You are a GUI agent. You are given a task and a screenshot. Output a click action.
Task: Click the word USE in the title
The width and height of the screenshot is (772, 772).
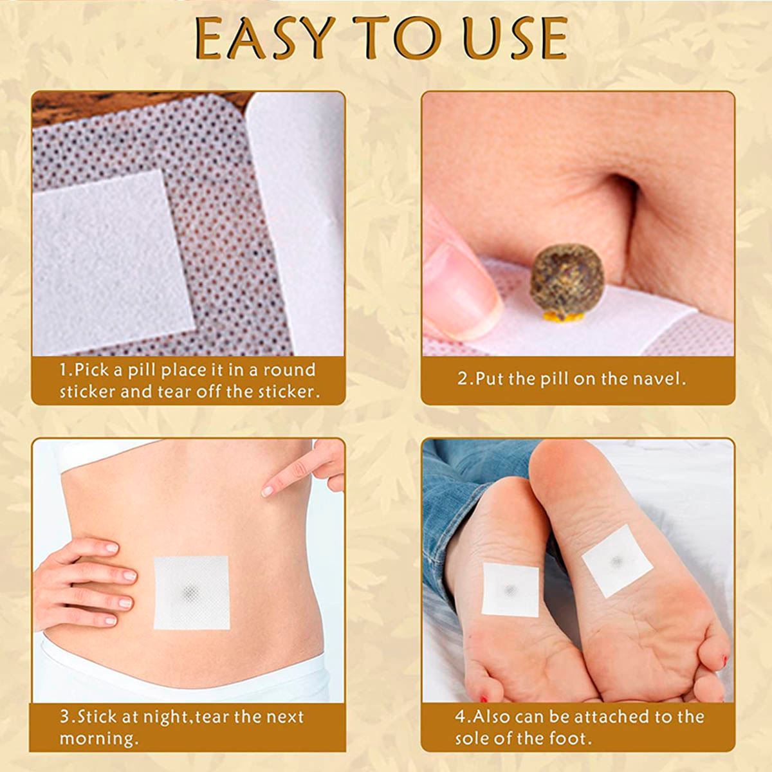[x=516, y=39]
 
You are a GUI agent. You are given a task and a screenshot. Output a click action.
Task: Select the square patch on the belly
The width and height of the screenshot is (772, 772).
[x=192, y=593]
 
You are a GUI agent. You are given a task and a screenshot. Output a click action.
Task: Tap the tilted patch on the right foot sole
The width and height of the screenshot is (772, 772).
[x=618, y=561]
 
